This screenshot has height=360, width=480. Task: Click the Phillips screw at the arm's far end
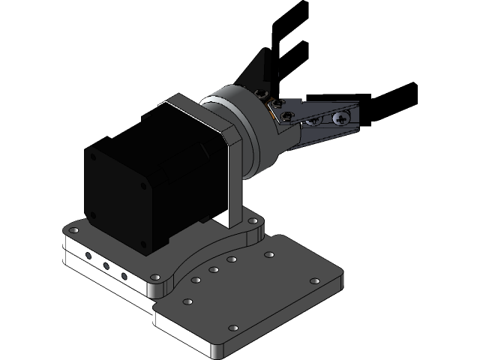[342, 118]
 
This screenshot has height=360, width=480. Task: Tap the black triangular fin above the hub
[259, 70]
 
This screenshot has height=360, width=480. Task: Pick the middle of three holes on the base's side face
[106, 266]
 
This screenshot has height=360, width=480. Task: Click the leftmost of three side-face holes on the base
[88, 257]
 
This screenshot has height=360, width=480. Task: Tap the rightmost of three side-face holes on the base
[124, 275]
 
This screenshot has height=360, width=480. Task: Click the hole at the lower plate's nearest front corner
[232, 328]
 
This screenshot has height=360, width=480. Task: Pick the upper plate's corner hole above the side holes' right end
[155, 277]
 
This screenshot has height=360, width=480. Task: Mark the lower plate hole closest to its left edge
[187, 301]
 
